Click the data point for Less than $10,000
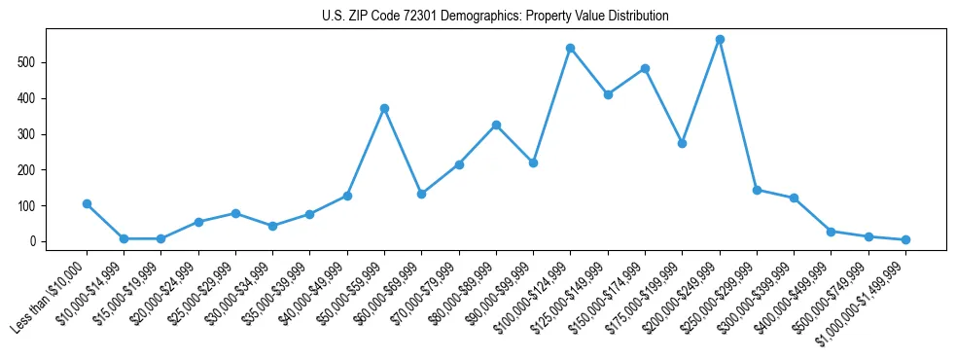(87, 203)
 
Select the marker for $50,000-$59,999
(384, 108)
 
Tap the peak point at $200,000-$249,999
(720, 40)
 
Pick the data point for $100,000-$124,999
(571, 48)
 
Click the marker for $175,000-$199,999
(683, 143)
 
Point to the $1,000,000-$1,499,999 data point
(905, 239)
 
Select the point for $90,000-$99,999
(533, 162)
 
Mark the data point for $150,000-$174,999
(645, 68)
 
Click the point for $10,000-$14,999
(124, 238)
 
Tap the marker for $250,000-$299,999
(757, 190)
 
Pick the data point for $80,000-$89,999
(496, 125)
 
